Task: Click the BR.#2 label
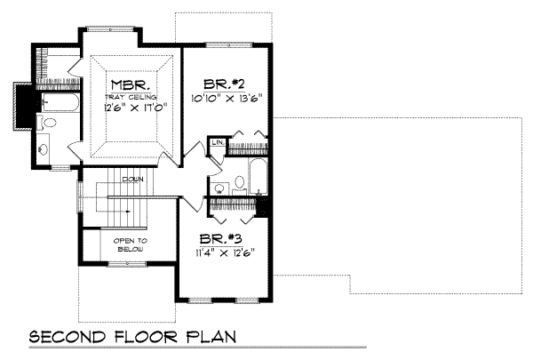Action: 224,77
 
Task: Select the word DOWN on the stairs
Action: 134,179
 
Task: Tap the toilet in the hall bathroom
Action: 239,185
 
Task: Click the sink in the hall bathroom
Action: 218,188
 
